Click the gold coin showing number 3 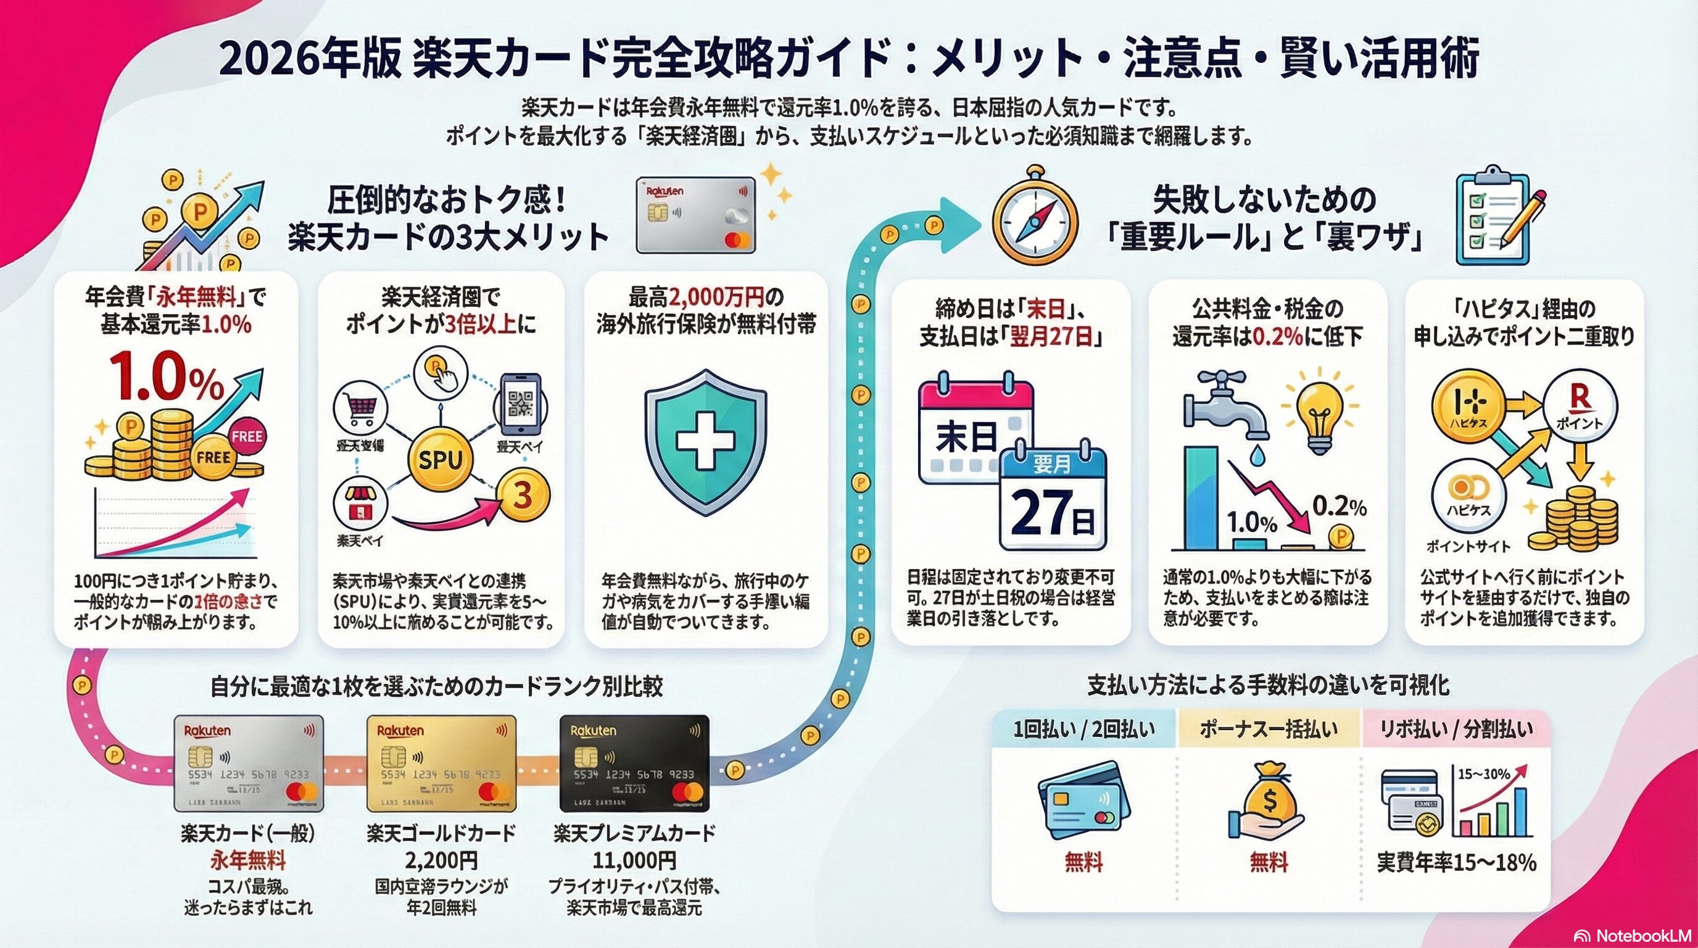click(523, 496)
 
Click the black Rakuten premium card click(634, 763)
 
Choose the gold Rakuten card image click(442, 763)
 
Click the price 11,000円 click(634, 860)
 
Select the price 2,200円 click(441, 860)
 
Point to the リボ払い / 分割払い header click(1456, 729)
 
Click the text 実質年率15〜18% click(1456, 862)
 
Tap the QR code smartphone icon click(521, 405)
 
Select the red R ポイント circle click(1580, 404)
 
